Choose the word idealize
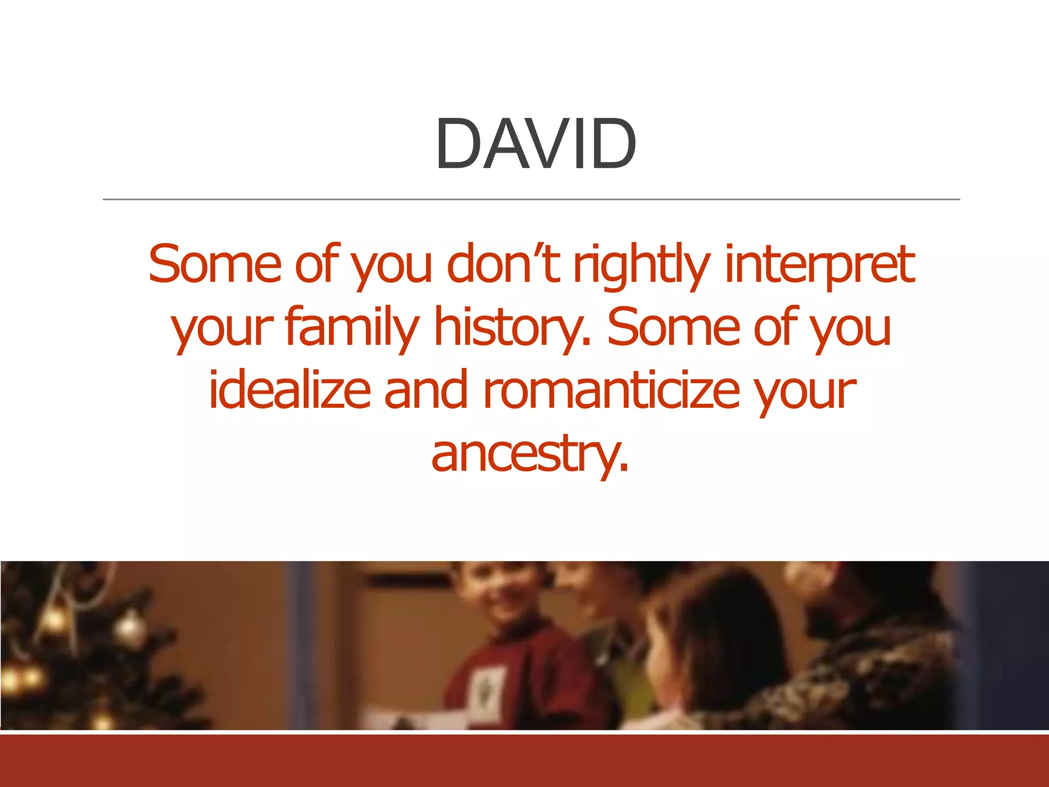click(289, 390)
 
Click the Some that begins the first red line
click(215, 264)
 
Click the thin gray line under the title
click(531, 199)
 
